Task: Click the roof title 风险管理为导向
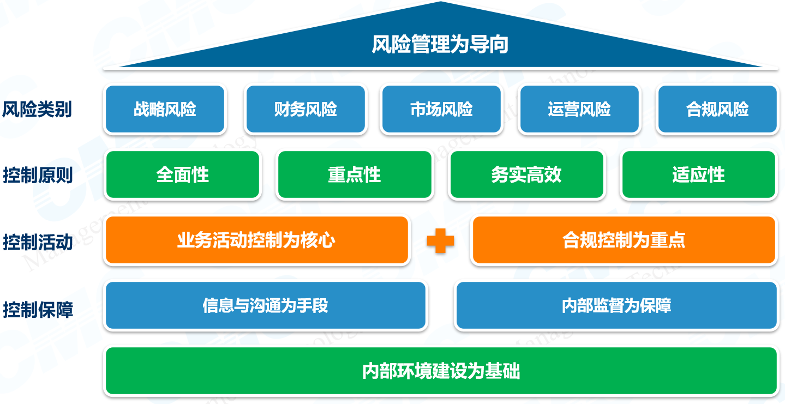[440, 44]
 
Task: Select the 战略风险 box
[165, 109]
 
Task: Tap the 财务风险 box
[305, 109]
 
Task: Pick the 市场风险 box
[441, 109]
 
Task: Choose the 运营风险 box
[579, 109]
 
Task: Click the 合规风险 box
[717, 109]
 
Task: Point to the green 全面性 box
[182, 175]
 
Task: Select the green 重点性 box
[354, 175]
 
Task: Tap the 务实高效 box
[526, 175]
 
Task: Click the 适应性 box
[698, 175]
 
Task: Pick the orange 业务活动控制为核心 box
[256, 240]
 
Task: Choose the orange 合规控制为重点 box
[624, 240]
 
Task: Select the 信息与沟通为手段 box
[265, 305]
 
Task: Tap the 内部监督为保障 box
[616, 305]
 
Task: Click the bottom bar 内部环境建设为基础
[441, 371]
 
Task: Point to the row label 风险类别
[37, 110]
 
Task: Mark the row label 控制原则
[37, 176]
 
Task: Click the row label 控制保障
[37, 310]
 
